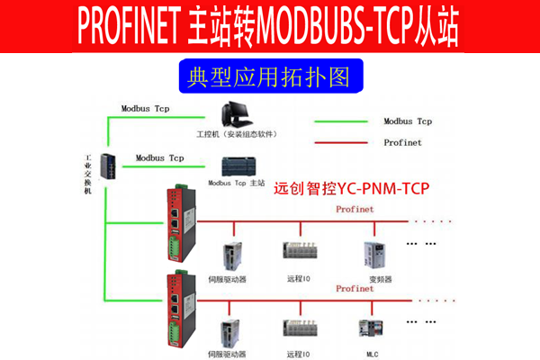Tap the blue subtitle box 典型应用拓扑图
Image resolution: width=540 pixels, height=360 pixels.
tap(269, 76)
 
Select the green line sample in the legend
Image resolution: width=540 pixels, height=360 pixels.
tap(341, 121)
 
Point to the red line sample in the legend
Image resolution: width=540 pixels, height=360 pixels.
tap(341, 142)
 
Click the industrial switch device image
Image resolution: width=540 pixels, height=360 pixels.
tap(107, 167)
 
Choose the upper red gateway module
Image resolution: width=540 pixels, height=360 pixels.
tap(177, 221)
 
